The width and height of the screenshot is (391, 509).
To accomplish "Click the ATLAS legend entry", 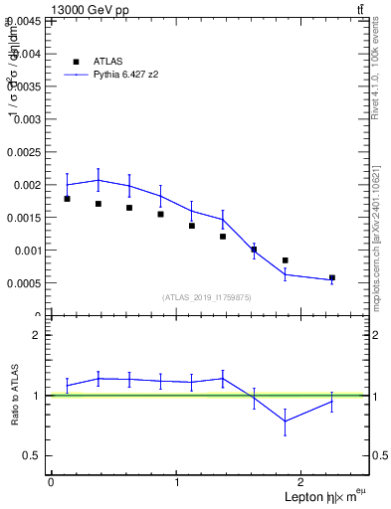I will pos(107,61).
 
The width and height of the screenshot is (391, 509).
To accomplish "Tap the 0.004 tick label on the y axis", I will pos(25,55).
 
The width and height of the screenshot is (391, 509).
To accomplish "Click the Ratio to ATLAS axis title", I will pos(15,395).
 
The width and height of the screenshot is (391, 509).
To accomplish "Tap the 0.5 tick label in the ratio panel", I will pos(33,455).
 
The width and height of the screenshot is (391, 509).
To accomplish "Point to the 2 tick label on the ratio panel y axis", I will pos(37,335).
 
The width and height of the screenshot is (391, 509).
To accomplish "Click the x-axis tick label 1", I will pos(177,482).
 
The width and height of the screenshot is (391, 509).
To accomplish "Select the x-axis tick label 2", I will pos(303,482).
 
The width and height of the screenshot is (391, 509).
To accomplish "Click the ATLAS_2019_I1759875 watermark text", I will pos(208,296).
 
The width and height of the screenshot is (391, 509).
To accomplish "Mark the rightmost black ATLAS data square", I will pos(331,277).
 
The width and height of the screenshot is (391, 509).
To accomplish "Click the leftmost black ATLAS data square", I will pos(67,199).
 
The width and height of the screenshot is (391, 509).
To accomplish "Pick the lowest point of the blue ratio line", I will pos(286,421).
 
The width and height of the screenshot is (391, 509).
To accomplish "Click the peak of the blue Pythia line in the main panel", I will pos(98,180).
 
